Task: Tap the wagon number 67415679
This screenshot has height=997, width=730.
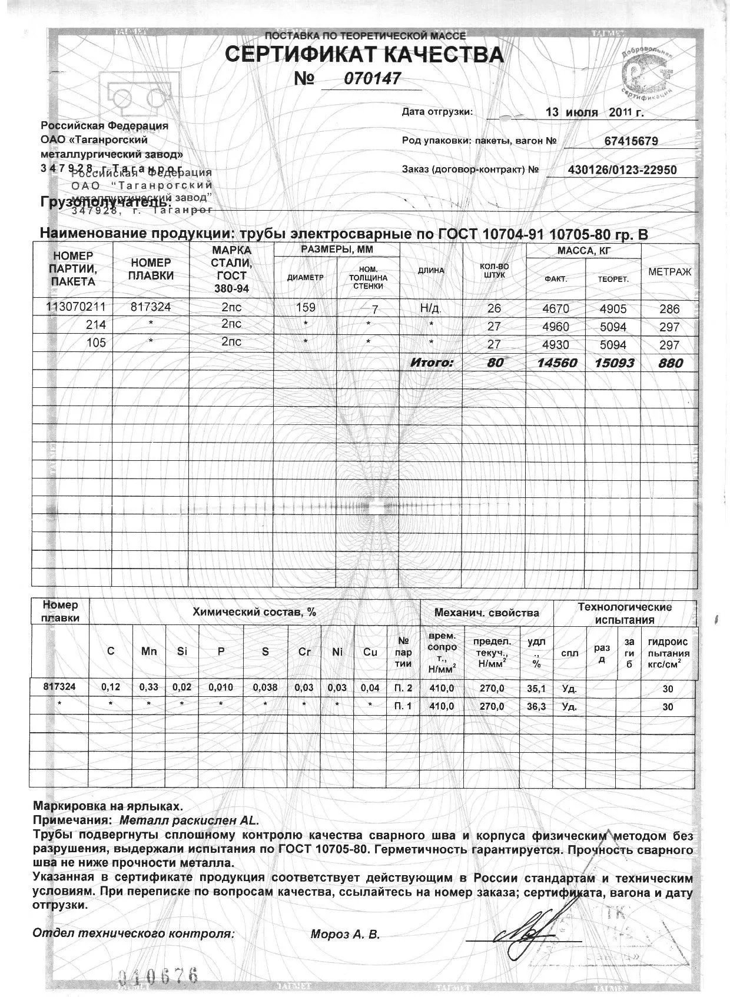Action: pyautogui.click(x=631, y=141)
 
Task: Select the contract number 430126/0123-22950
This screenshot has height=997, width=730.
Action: pyautogui.click(x=622, y=170)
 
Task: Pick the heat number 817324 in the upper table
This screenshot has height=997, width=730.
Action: pyautogui.click(x=151, y=307)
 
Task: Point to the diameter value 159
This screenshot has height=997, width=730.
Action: pyautogui.click(x=306, y=307)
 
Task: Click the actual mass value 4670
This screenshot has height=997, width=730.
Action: pyautogui.click(x=555, y=308)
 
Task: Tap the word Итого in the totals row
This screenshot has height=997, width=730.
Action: pyautogui.click(x=432, y=363)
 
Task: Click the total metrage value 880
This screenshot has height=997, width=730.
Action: pyautogui.click(x=671, y=363)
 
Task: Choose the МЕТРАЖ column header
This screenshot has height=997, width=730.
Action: pyautogui.click(x=669, y=272)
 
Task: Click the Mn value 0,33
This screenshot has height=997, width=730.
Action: pyautogui.click(x=149, y=687)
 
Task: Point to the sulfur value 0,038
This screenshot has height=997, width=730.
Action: pyautogui.click(x=265, y=687)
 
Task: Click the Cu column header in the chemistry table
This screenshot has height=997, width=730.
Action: pyautogui.click(x=370, y=652)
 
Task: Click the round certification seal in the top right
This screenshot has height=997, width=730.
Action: pyautogui.click(x=646, y=74)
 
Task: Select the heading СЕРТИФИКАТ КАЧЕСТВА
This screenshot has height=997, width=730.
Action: pyautogui.click(x=364, y=55)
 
